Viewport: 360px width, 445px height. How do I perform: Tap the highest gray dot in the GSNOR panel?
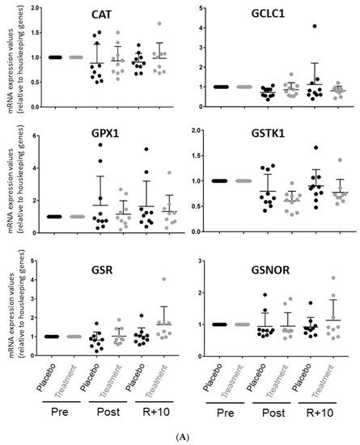tap(334, 279)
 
